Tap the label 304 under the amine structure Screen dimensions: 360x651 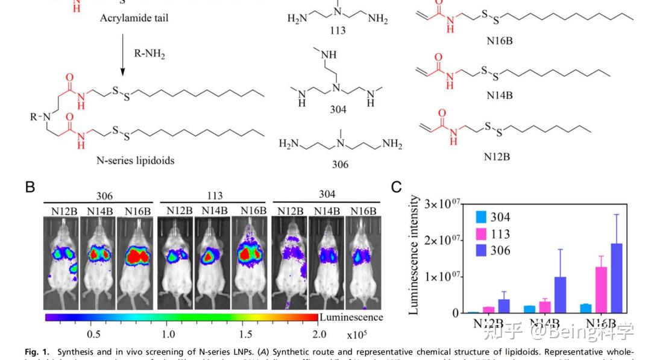[338, 109]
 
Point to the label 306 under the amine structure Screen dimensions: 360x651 [340, 165]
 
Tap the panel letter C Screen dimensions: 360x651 [396, 187]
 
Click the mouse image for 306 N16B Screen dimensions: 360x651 [135, 259]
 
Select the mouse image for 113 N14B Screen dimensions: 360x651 [213, 259]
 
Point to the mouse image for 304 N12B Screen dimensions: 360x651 [289, 259]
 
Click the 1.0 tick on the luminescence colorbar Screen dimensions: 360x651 [169, 334]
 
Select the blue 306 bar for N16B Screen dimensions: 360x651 [616, 278]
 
